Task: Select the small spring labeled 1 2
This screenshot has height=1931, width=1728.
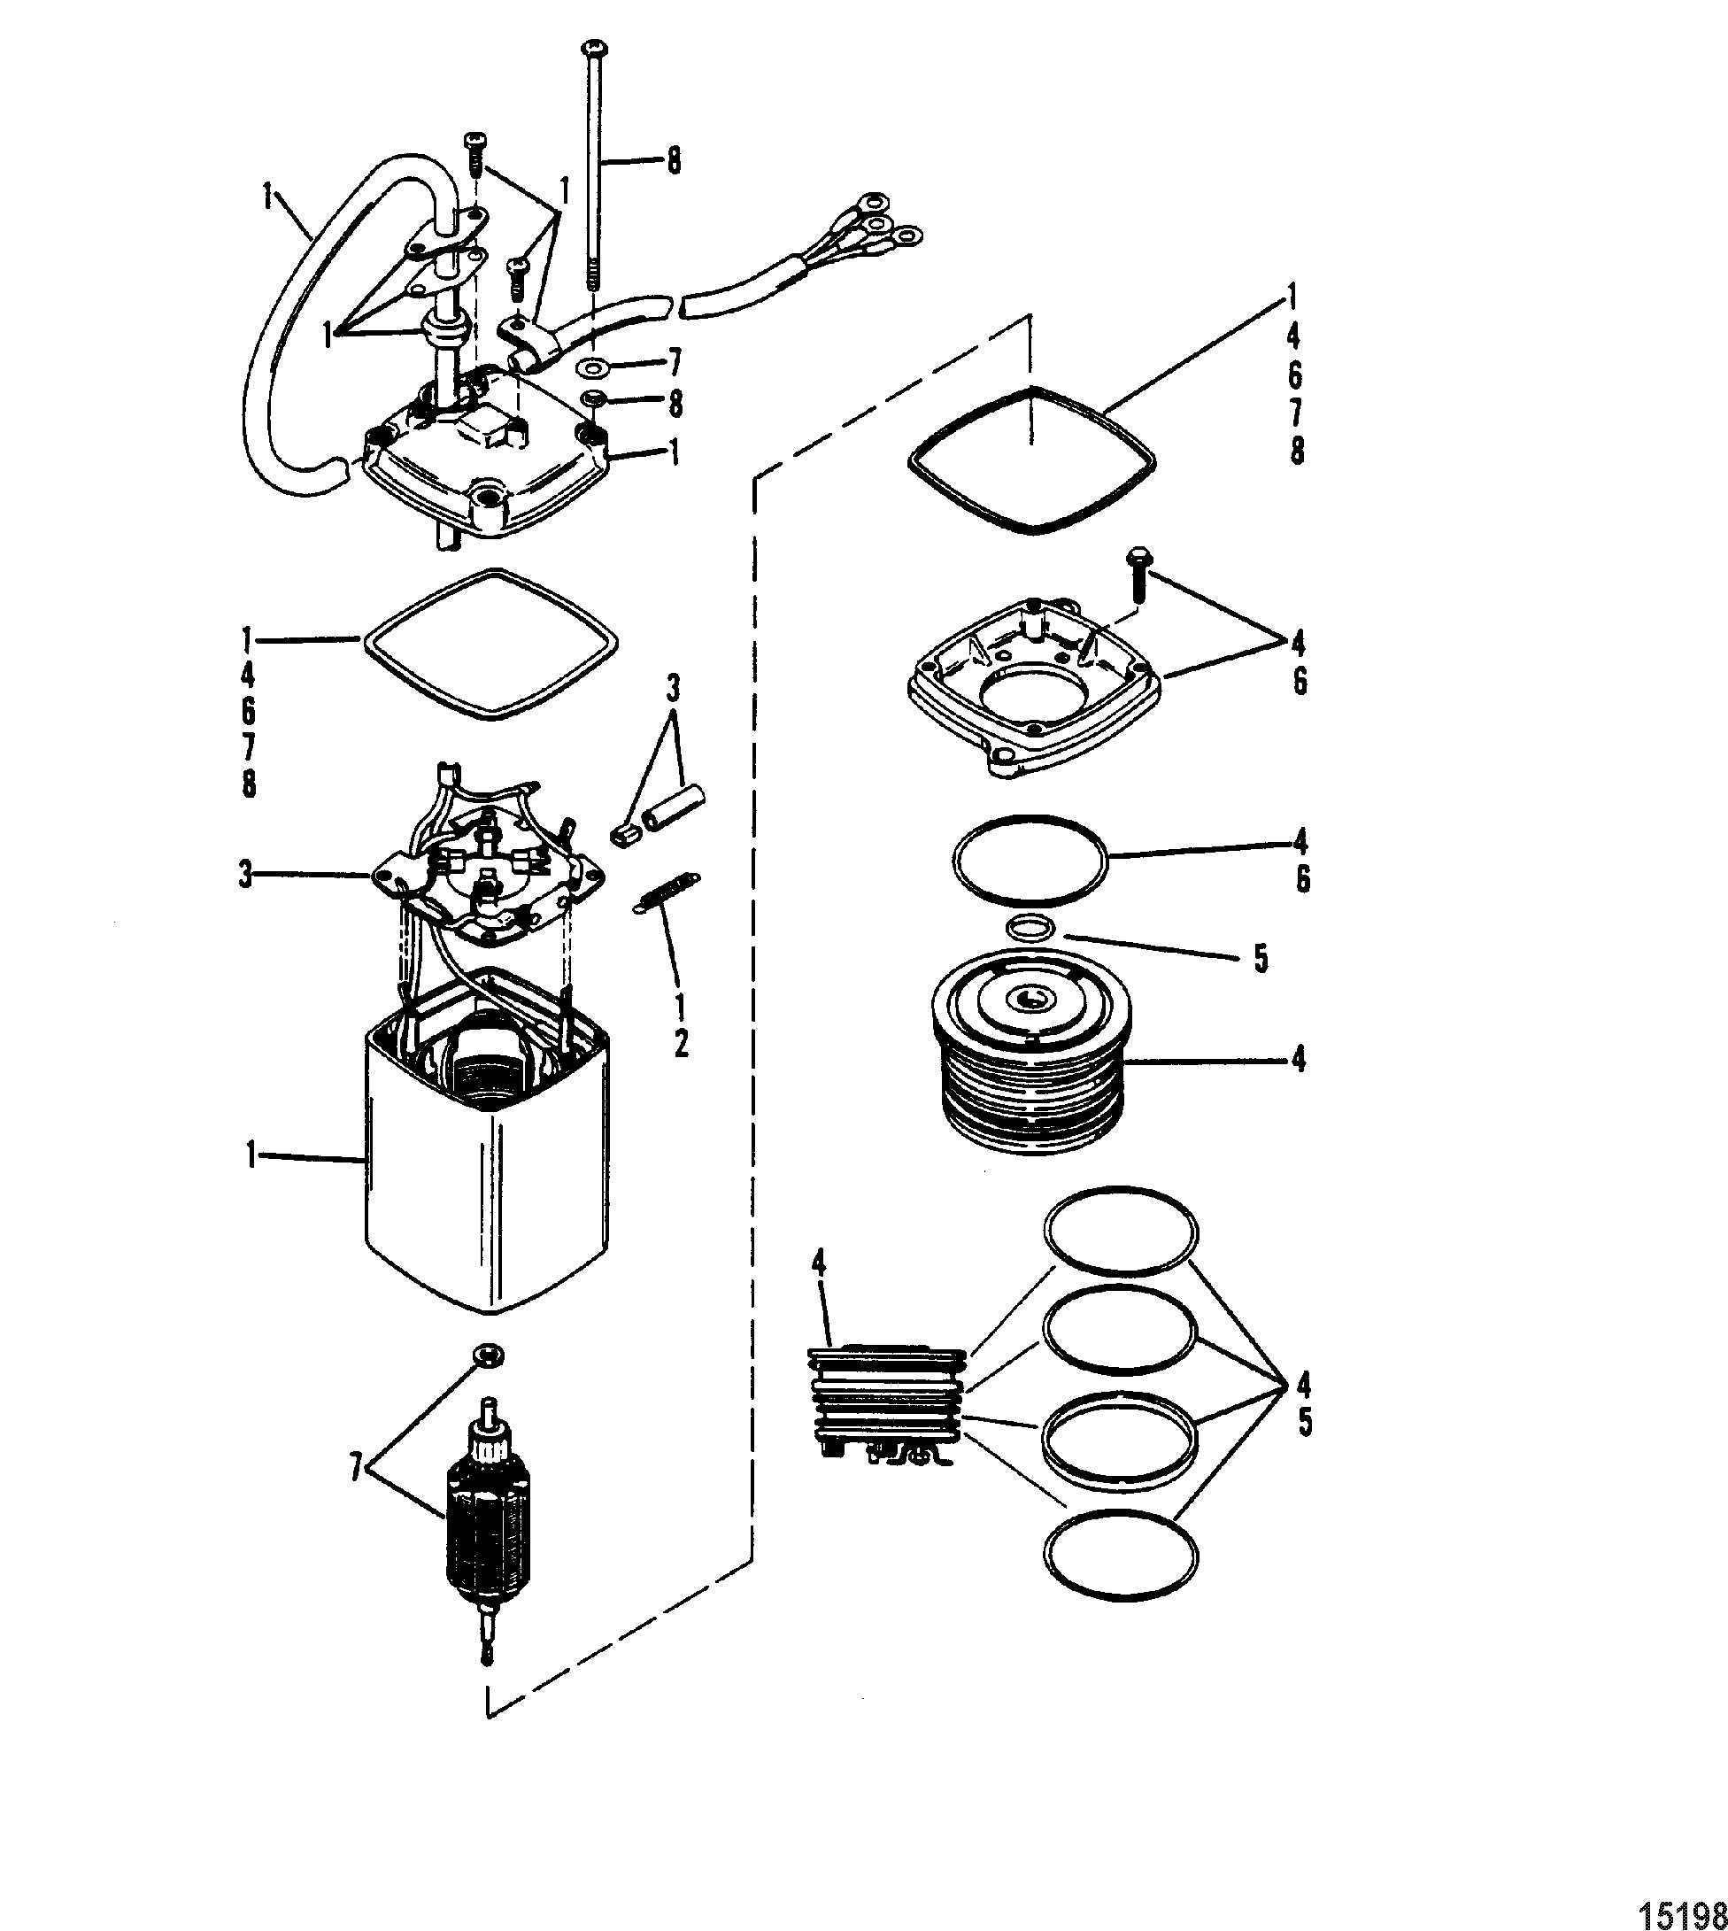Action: point(667,892)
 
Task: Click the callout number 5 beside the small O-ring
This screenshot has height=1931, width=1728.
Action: point(1261,959)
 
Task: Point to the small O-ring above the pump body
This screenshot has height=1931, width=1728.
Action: point(1030,928)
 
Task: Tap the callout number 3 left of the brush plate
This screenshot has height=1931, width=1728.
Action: point(246,875)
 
